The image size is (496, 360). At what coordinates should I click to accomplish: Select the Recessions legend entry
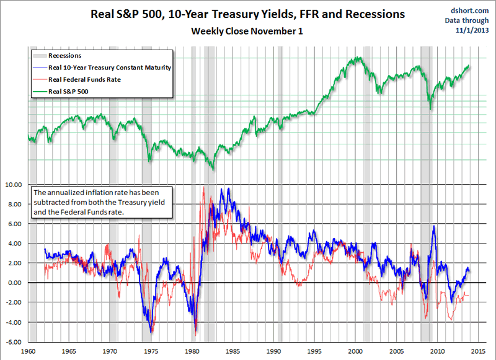point(64,56)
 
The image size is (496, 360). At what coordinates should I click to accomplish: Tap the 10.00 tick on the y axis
point(13,185)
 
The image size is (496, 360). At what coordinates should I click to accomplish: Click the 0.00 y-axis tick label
point(14,283)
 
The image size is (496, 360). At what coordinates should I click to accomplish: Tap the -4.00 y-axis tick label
point(13,322)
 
